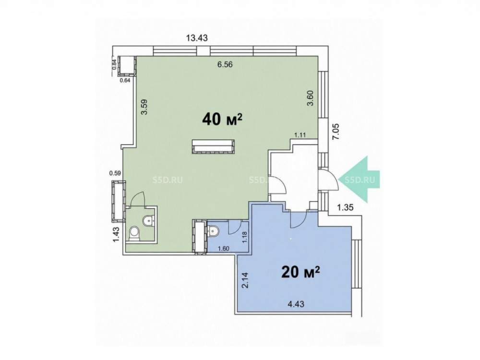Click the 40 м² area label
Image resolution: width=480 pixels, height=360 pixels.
pos(222,119)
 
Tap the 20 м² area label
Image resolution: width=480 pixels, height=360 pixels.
pos(300,272)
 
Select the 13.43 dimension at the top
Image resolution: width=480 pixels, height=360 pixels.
pos(197,38)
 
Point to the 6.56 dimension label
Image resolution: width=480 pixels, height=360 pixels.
pos(225,65)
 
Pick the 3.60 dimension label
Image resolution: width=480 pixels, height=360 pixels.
pos(311,98)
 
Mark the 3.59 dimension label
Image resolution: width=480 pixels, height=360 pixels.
pos(144,107)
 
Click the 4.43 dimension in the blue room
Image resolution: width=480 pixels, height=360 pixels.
pos(296,304)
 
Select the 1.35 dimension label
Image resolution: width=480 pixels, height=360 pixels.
pos(345,207)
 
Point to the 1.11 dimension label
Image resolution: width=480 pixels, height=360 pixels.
pos(300,135)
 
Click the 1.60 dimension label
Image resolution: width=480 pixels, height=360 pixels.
pos(224,249)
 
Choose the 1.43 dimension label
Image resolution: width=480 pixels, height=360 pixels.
pos(117,235)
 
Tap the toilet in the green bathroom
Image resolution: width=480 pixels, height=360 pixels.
pos(134,233)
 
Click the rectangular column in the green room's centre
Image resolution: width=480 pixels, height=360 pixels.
pos(214,146)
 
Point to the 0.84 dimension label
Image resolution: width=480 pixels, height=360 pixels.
pos(114,64)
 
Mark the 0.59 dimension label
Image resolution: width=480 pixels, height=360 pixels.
pos(115,173)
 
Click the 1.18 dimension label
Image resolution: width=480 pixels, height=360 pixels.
pos(244,237)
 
